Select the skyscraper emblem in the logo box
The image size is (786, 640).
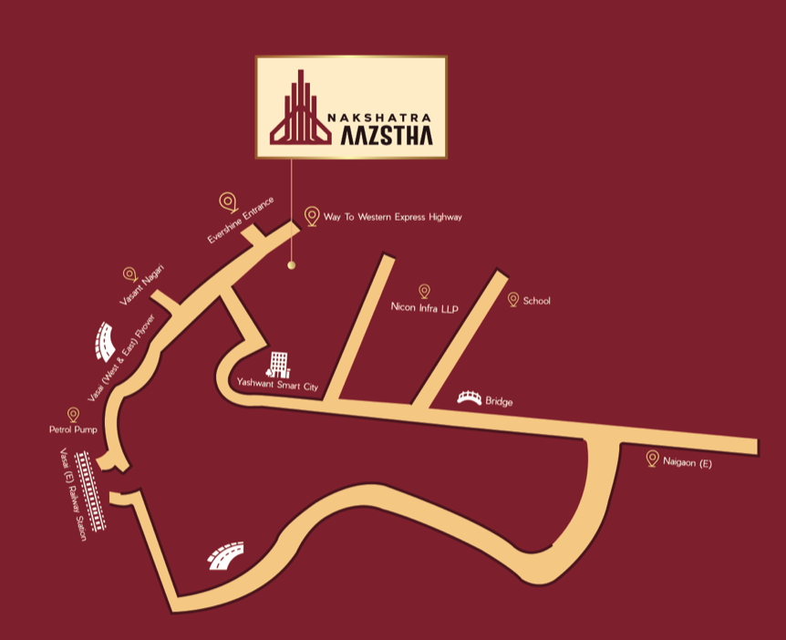[x=299, y=108]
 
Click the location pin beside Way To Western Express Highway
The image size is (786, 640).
[x=312, y=216]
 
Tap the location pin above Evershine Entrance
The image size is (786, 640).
[x=228, y=201]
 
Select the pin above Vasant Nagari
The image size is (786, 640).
[x=129, y=274]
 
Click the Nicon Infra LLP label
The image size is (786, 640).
[x=423, y=308]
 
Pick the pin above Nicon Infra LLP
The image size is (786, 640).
[x=424, y=291]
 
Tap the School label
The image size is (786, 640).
[x=537, y=301]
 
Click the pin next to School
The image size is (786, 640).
[x=512, y=299]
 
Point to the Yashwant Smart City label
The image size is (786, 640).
[x=277, y=386]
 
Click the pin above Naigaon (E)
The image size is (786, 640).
[x=652, y=458]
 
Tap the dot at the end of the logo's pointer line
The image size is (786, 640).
[x=292, y=265]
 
